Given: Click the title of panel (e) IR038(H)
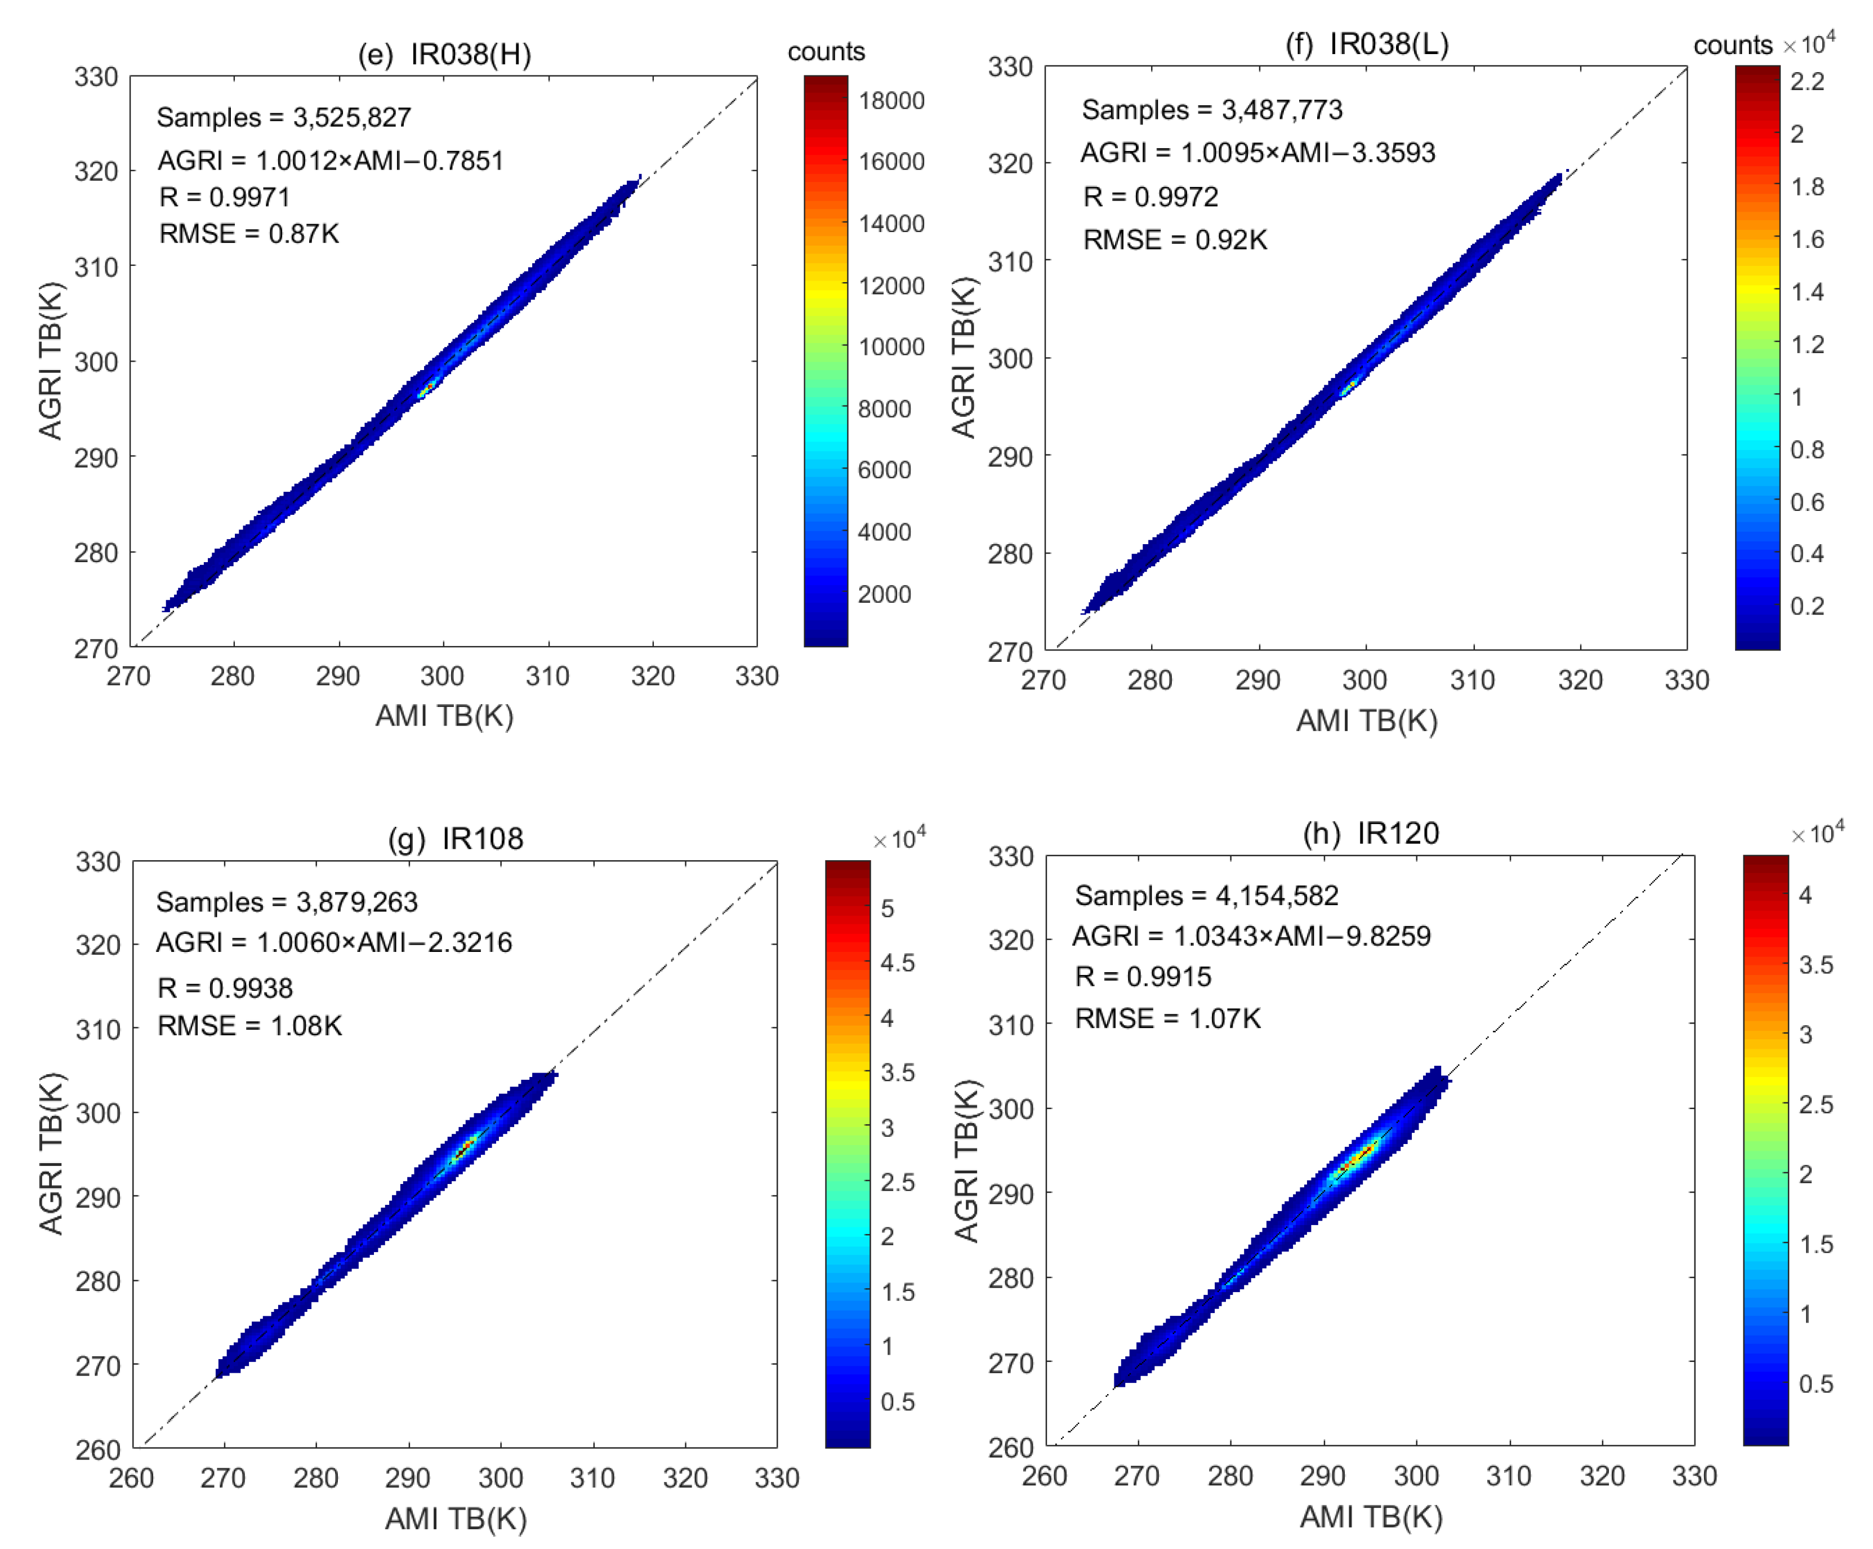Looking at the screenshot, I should click(x=444, y=55).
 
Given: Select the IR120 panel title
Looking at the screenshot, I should click(x=1371, y=834).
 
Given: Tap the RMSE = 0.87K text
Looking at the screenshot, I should click(x=249, y=234).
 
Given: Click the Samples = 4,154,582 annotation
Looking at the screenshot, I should click(x=1206, y=895).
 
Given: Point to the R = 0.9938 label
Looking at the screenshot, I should click(x=225, y=988).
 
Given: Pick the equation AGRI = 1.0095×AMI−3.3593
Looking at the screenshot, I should click(x=1257, y=153).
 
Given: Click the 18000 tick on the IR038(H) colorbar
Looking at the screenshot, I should click(x=890, y=101).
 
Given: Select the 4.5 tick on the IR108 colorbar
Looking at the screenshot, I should click(x=897, y=963).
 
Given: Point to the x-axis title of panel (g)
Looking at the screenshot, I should click(x=456, y=1518).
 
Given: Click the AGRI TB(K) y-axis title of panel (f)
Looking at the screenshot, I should click(x=964, y=358).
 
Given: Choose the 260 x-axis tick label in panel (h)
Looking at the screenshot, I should click(x=1045, y=1476).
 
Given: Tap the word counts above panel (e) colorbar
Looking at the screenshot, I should click(x=826, y=52).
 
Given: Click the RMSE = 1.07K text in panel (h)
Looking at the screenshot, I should click(x=1167, y=1018).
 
